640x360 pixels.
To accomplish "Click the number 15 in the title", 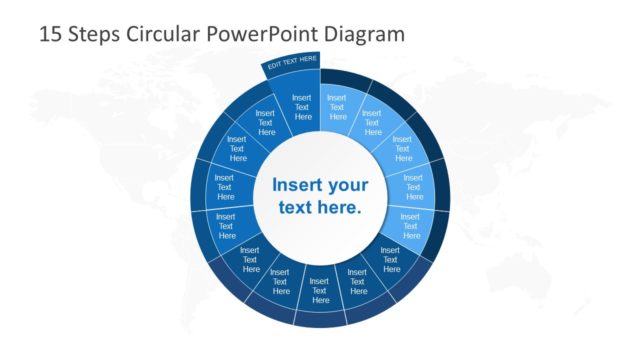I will pos(50,34).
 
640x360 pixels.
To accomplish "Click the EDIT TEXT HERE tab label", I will pos(291,64).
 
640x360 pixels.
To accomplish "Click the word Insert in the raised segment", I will pos(302,98).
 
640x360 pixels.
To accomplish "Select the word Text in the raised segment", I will pos(302,107).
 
